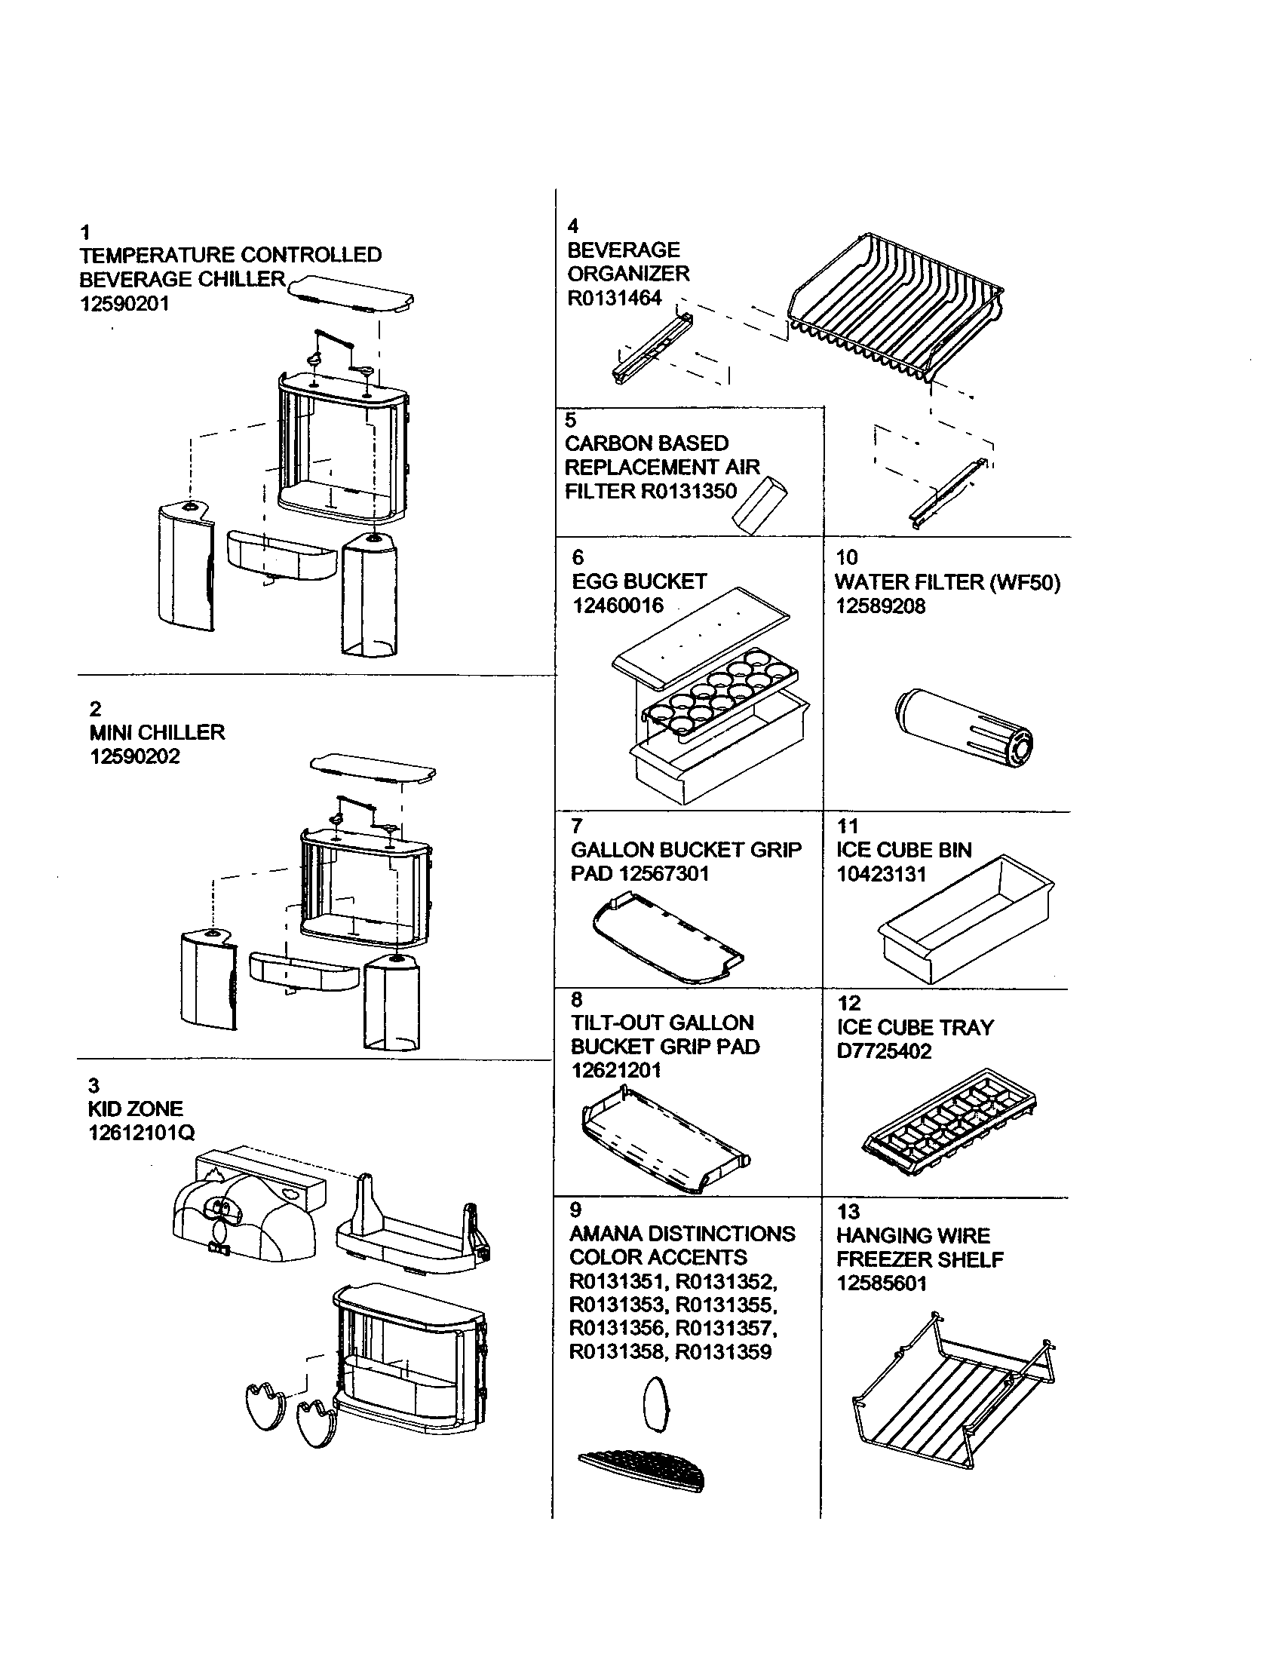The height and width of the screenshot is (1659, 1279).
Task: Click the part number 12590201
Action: coord(125,304)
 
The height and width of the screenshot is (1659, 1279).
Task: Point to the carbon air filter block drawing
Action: coord(759,505)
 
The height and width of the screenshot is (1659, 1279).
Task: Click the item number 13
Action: coord(848,1211)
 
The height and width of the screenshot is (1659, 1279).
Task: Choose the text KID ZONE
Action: coord(136,1109)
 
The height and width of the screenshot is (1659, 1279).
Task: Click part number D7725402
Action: coord(884,1051)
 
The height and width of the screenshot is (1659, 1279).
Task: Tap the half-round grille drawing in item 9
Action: coord(643,1470)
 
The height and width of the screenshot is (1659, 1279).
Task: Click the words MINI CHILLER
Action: coord(157,732)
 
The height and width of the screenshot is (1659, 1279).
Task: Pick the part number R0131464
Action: coord(615,298)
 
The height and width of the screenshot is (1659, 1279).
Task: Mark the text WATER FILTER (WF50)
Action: coord(948,582)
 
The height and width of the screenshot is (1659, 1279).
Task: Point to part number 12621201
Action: coord(616,1070)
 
